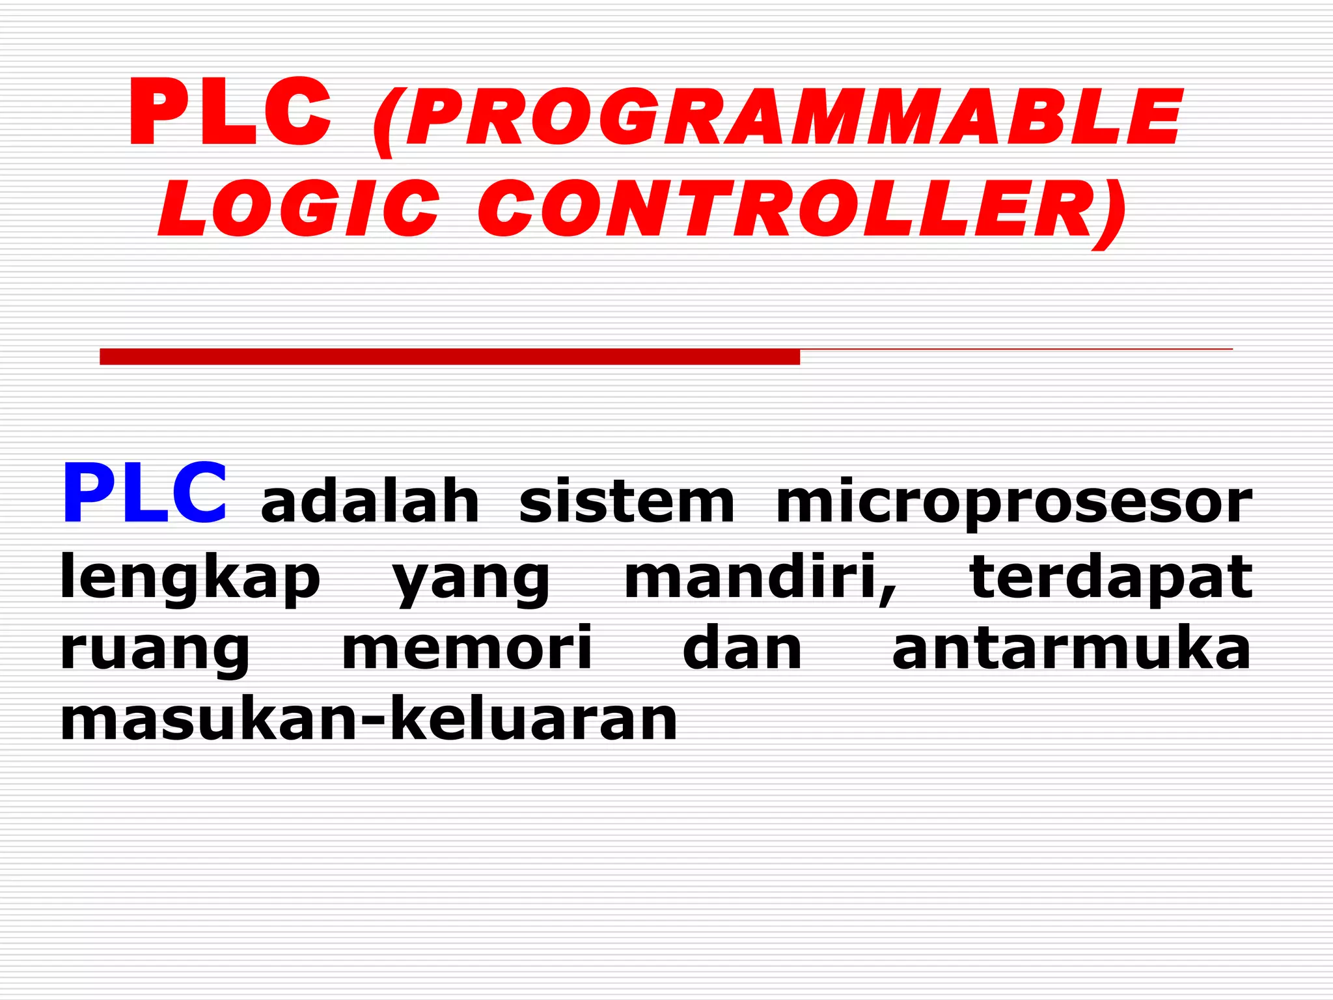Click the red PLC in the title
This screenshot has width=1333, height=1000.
[230, 112]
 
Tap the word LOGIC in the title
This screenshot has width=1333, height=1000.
[300, 209]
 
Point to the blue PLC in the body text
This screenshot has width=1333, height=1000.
[144, 493]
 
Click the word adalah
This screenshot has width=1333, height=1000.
[370, 502]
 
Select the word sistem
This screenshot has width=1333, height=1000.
[626, 502]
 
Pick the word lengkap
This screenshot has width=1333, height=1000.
[190, 579]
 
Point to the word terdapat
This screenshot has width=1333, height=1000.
[1110, 579]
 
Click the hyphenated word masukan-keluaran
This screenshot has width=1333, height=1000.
[368, 719]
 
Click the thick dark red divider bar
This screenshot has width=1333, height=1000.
[449, 357]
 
